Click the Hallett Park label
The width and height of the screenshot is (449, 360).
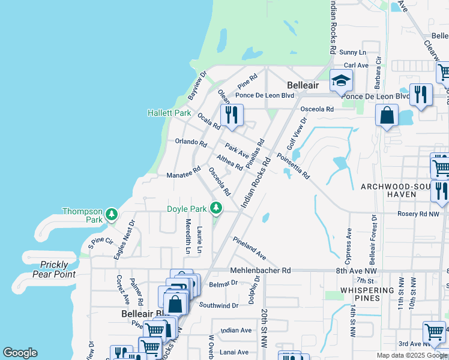pyautogui.click(x=169, y=113)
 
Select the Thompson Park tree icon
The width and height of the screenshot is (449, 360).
pyautogui.click(x=111, y=215)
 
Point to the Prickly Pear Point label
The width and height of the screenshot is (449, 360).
pyautogui.click(x=58, y=269)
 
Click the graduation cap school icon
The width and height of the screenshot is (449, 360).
pyautogui.click(x=341, y=80)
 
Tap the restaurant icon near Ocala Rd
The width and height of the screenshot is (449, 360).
pyautogui.click(x=232, y=114)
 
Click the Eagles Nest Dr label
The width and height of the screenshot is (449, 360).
pyautogui.click(x=125, y=240)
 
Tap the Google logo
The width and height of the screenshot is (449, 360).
pyautogui.click(x=20, y=353)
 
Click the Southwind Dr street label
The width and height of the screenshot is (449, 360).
pyautogui.click(x=218, y=305)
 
